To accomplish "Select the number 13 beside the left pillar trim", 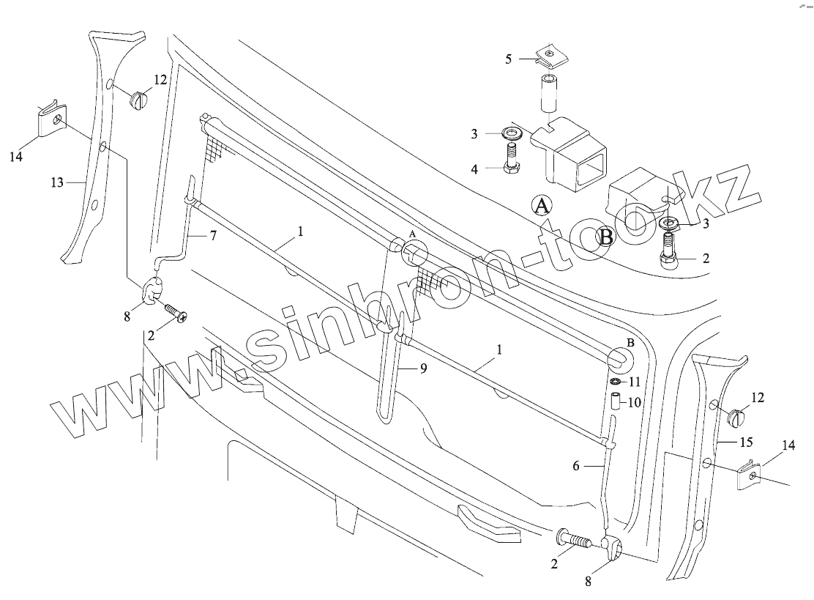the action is click(x=58, y=182).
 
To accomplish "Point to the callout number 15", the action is click(x=746, y=442).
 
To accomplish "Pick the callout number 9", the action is click(x=423, y=369).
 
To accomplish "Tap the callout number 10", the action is click(x=634, y=402).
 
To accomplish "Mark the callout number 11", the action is click(x=634, y=382).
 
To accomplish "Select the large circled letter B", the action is click(x=607, y=235).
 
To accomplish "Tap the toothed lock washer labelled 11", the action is click(x=617, y=382).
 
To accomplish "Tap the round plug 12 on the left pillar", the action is click(x=139, y=99).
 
